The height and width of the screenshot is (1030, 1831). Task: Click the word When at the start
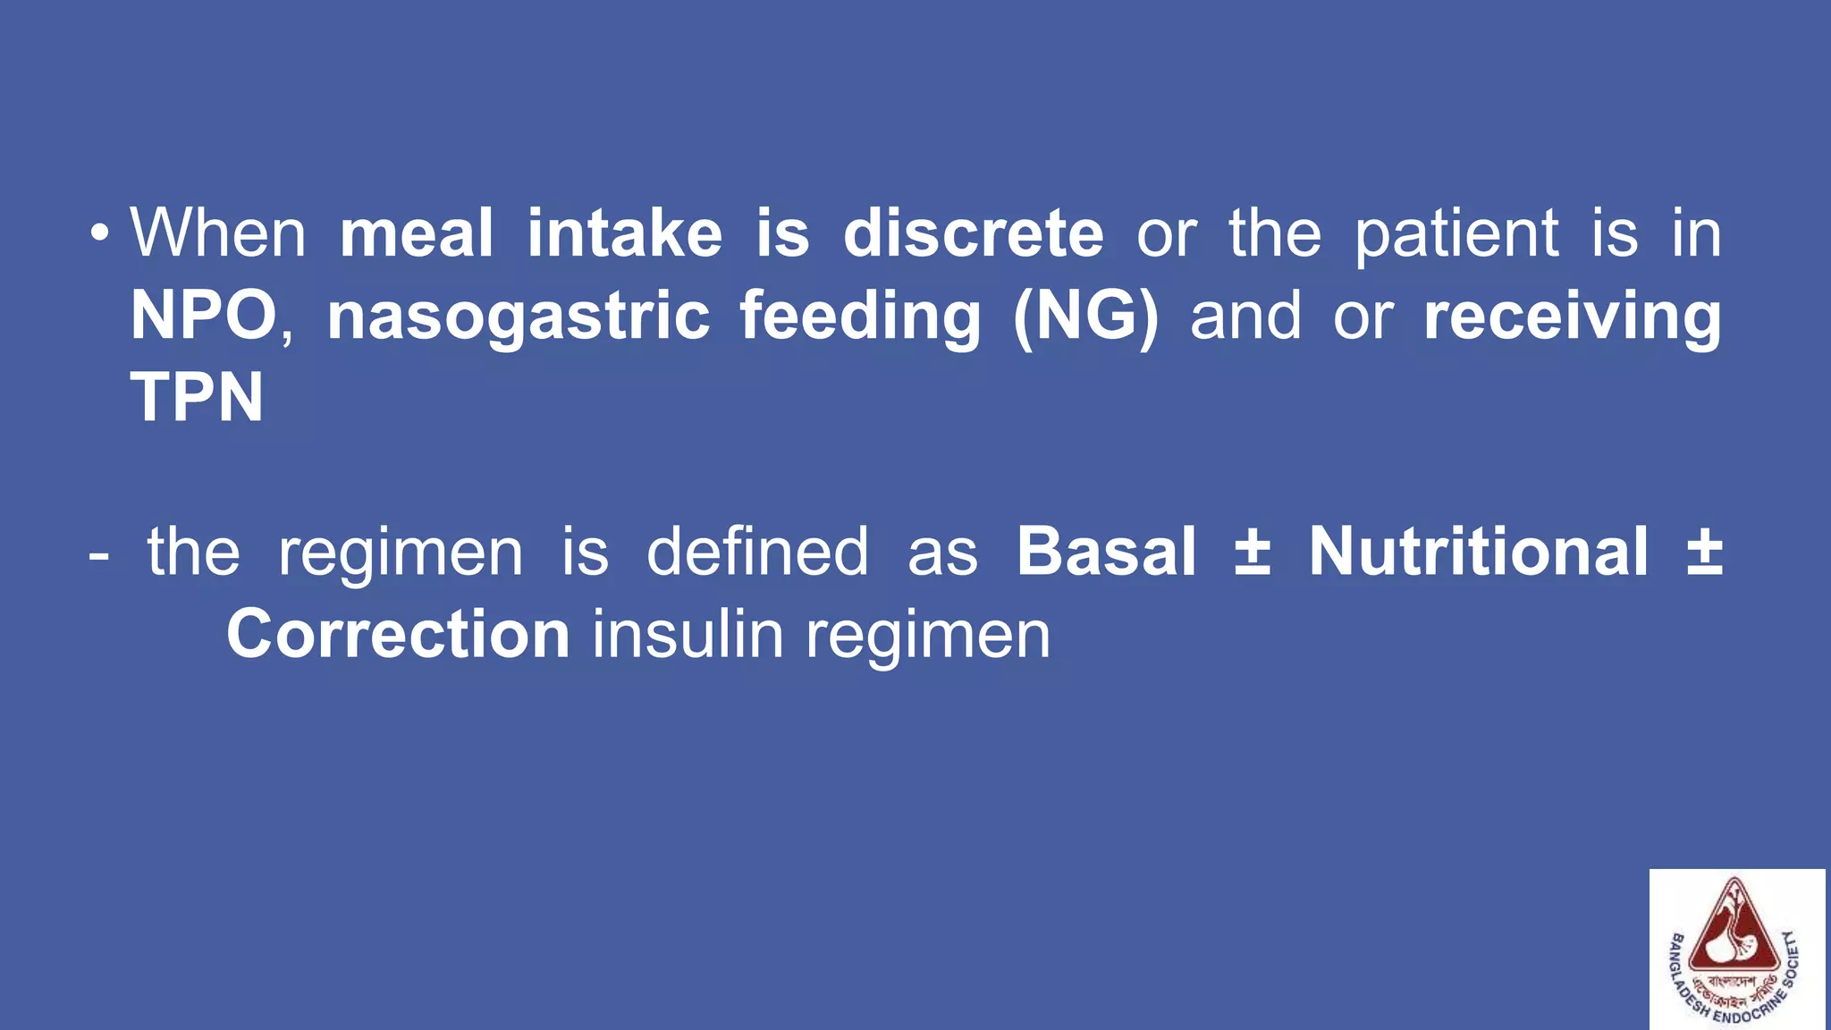point(218,233)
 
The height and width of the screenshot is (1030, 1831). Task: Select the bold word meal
point(416,233)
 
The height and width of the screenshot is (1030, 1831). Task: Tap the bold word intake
point(624,233)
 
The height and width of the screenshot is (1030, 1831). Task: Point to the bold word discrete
point(973,233)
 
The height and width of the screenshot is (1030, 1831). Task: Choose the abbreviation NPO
point(204,316)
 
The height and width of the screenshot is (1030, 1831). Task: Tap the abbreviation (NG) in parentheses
point(1085,317)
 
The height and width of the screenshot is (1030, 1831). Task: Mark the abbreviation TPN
point(198,398)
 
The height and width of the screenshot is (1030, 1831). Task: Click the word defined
point(757,552)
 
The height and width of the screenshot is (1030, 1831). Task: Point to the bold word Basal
point(1106,552)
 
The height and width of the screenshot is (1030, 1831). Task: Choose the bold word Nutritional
point(1479,552)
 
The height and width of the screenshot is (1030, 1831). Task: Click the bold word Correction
point(398,634)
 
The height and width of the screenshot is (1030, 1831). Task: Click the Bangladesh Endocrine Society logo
point(1736,950)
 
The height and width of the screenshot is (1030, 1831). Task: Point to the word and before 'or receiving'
point(1245,317)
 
